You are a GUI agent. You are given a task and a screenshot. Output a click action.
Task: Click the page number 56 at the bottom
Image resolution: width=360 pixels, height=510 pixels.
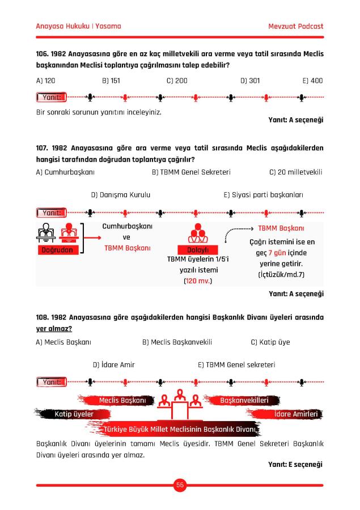(180, 484)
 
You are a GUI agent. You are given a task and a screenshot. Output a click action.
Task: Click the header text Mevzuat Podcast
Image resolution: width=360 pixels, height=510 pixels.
(295, 26)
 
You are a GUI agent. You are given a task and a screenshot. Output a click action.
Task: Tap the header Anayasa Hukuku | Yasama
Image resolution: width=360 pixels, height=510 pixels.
(78, 26)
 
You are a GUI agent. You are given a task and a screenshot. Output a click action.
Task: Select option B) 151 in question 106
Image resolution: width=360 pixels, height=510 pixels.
(111, 80)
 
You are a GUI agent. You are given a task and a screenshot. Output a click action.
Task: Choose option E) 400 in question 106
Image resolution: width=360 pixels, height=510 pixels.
(312, 80)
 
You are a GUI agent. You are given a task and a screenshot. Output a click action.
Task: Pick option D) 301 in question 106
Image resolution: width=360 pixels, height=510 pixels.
(250, 80)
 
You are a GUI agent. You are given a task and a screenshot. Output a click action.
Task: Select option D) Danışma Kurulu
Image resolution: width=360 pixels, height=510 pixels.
(121, 195)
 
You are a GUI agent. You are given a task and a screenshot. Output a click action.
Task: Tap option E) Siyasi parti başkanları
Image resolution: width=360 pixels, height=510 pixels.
(263, 195)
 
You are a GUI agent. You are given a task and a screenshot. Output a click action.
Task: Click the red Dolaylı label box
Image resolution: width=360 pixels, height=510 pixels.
(198, 250)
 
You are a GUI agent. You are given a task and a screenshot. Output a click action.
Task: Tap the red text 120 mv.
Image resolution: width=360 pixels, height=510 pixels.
(197, 280)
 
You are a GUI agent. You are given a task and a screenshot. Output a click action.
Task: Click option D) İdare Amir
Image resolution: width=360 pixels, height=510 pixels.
(113, 365)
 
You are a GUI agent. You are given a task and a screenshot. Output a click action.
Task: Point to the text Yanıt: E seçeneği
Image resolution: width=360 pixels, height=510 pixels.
(295, 465)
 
